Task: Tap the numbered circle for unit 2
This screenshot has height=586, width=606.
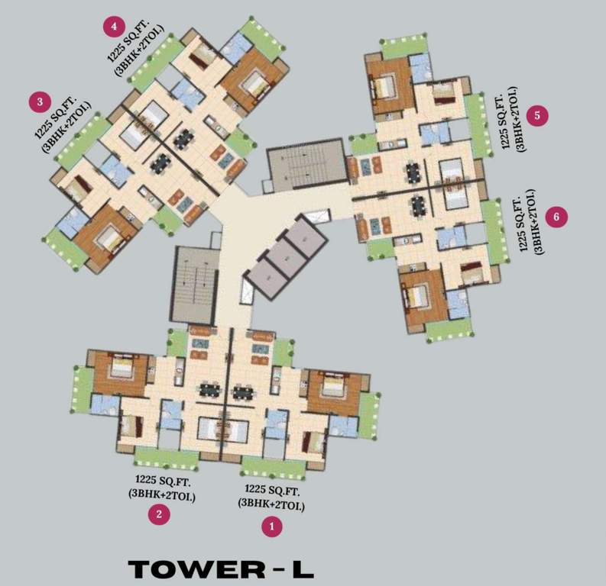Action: pyautogui.click(x=159, y=514)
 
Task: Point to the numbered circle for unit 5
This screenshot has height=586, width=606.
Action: pyautogui.click(x=538, y=115)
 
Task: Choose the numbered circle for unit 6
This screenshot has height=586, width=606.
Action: pyautogui.click(x=556, y=217)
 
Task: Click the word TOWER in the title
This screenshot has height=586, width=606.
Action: pyautogui.click(x=192, y=569)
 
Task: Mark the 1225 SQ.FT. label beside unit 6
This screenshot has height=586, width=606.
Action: pyautogui.click(x=523, y=221)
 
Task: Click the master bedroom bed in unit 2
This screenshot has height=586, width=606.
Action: pyautogui.click(x=122, y=371)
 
